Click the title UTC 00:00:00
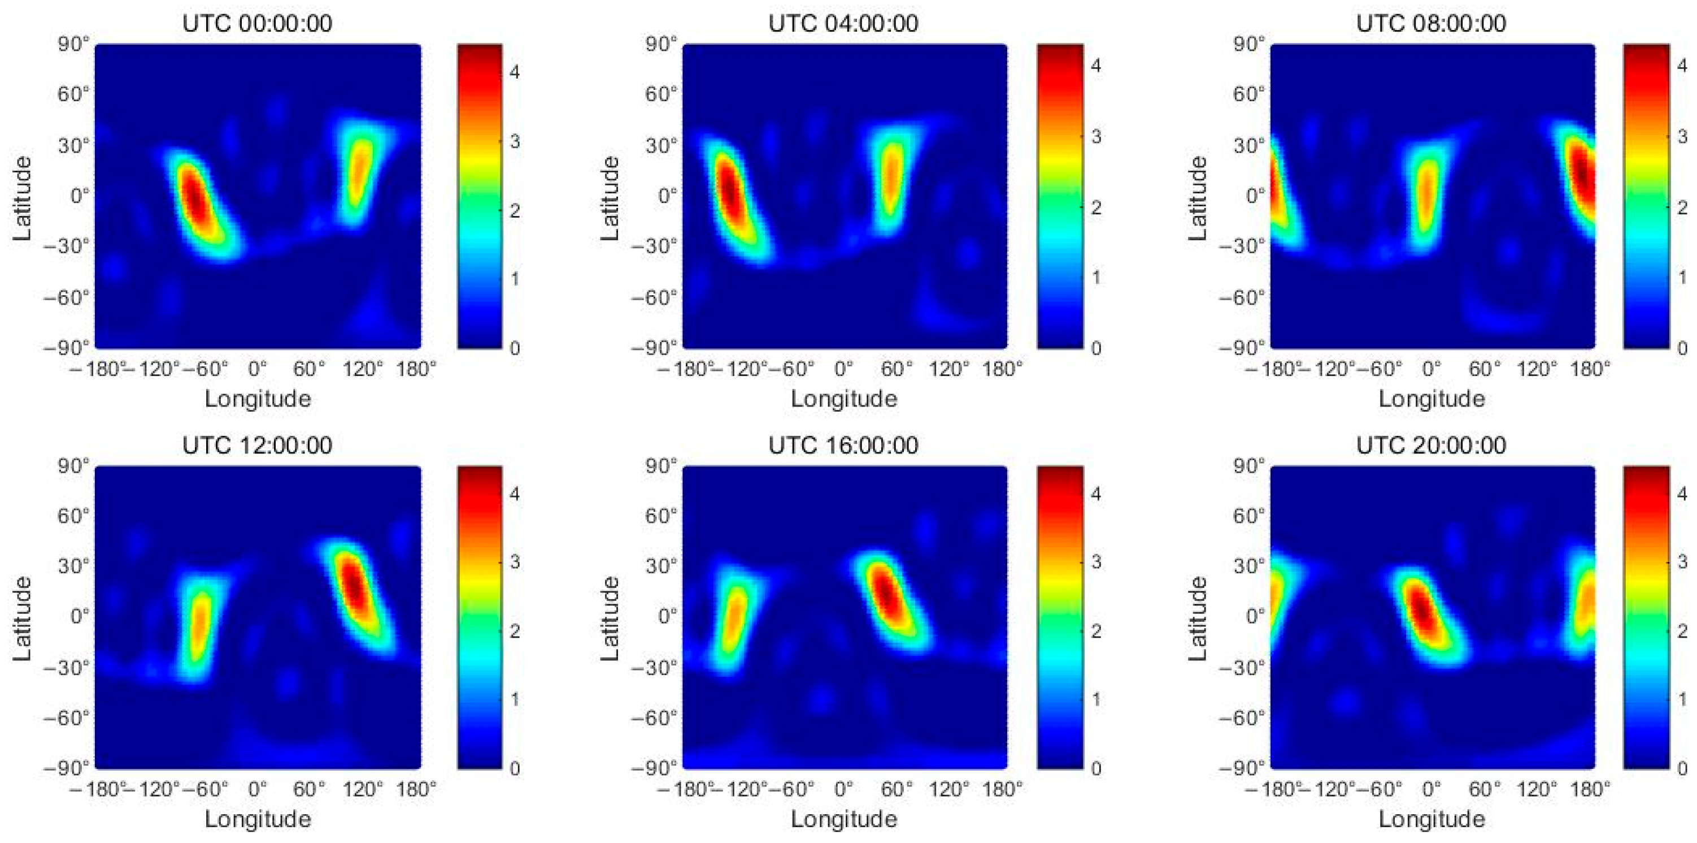[257, 23]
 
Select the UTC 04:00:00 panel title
[843, 23]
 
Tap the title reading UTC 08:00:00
[1431, 23]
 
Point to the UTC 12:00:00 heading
[257, 445]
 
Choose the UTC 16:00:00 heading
[843, 445]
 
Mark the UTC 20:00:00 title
[1431, 445]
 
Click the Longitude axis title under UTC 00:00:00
[258, 398]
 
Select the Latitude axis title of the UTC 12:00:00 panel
[21, 618]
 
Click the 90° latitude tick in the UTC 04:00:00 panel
[662, 44]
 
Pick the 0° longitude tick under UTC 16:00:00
[844, 788]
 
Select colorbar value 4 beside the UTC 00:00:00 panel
[515, 71]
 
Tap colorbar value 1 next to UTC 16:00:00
[1096, 699]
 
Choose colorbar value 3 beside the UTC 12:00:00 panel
[515, 561]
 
